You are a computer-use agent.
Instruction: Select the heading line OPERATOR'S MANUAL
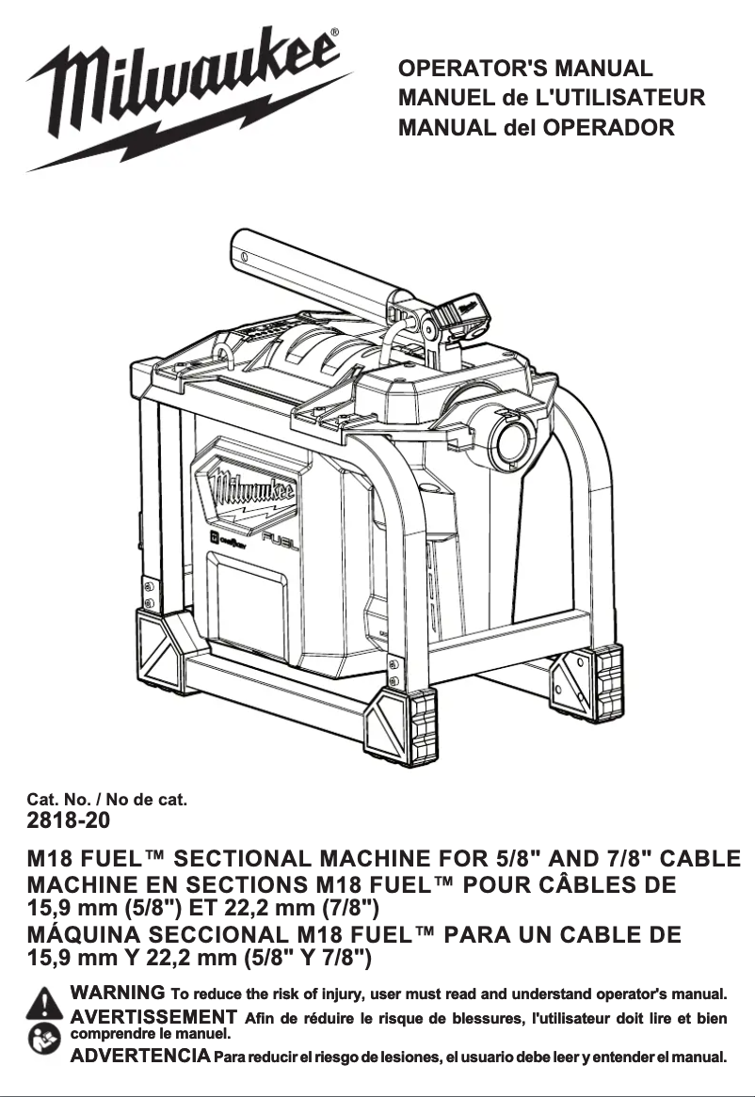point(524,70)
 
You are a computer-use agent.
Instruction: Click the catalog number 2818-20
point(68,820)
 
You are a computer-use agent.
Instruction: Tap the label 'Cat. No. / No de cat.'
point(107,800)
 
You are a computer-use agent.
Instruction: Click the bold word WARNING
point(119,993)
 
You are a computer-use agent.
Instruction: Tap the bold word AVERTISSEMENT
point(153,1017)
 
